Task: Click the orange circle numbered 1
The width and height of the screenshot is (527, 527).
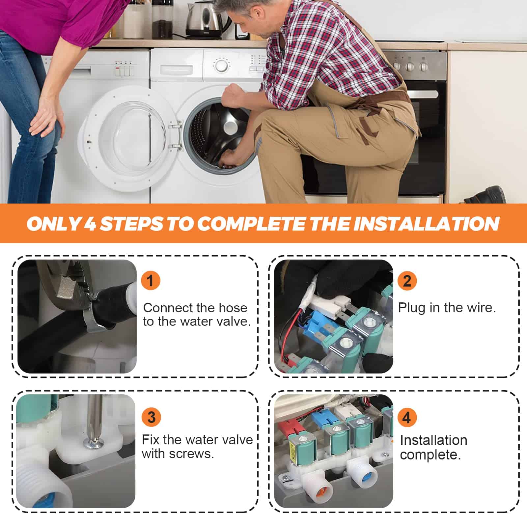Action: point(151,281)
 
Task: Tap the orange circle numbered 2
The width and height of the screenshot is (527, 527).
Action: point(407,281)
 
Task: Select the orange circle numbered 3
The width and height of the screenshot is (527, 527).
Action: point(151,417)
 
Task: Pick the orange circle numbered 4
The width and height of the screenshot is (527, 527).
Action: point(407,417)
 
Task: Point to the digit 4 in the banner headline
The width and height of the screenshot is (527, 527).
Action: point(90,224)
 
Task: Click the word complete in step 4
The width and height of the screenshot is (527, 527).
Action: point(430,455)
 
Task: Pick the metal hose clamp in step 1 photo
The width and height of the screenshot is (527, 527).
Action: point(92,315)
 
